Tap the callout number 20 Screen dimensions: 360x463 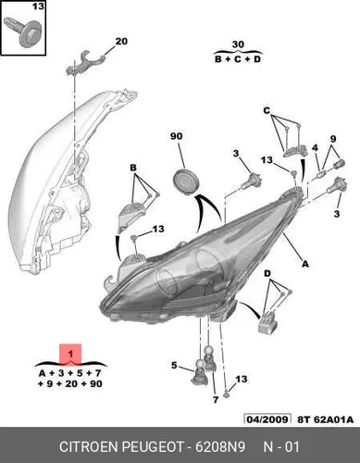(121, 41)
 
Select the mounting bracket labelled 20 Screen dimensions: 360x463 (85, 64)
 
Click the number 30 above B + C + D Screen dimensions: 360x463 (238, 44)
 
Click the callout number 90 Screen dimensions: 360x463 (176, 136)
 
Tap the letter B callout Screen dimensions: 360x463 (133, 168)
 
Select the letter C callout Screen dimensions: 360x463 (267, 110)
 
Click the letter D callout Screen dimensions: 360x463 (267, 273)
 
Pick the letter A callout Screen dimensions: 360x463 (304, 264)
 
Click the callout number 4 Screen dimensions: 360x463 (315, 148)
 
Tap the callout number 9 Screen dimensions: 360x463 (333, 139)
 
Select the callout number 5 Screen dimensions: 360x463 (174, 365)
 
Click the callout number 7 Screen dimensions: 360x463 (216, 399)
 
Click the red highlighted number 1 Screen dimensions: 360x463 (70, 354)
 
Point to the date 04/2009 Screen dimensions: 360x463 (267, 419)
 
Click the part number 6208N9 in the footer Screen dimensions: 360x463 (220, 446)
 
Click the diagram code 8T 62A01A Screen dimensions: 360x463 (326, 419)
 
